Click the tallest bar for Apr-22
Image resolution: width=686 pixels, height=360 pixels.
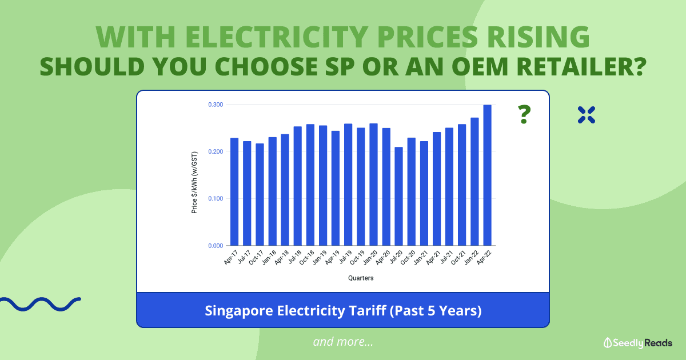click(487, 175)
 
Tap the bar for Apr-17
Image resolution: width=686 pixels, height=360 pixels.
click(234, 191)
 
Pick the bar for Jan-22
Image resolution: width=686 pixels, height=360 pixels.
click(474, 182)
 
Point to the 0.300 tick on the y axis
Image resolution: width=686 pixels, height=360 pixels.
click(215, 105)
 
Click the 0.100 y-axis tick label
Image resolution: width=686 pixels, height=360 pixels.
click(215, 198)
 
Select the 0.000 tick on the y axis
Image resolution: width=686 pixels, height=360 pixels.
click(215, 246)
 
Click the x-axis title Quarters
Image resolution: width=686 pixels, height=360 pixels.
click(361, 278)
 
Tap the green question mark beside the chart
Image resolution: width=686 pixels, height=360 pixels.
click(523, 115)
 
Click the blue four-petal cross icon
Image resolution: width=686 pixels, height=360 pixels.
click(587, 114)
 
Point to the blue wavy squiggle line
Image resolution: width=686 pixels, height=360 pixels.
click(40, 303)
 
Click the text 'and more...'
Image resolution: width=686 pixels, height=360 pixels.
click(343, 342)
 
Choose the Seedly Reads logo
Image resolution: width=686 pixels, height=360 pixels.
click(637, 342)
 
